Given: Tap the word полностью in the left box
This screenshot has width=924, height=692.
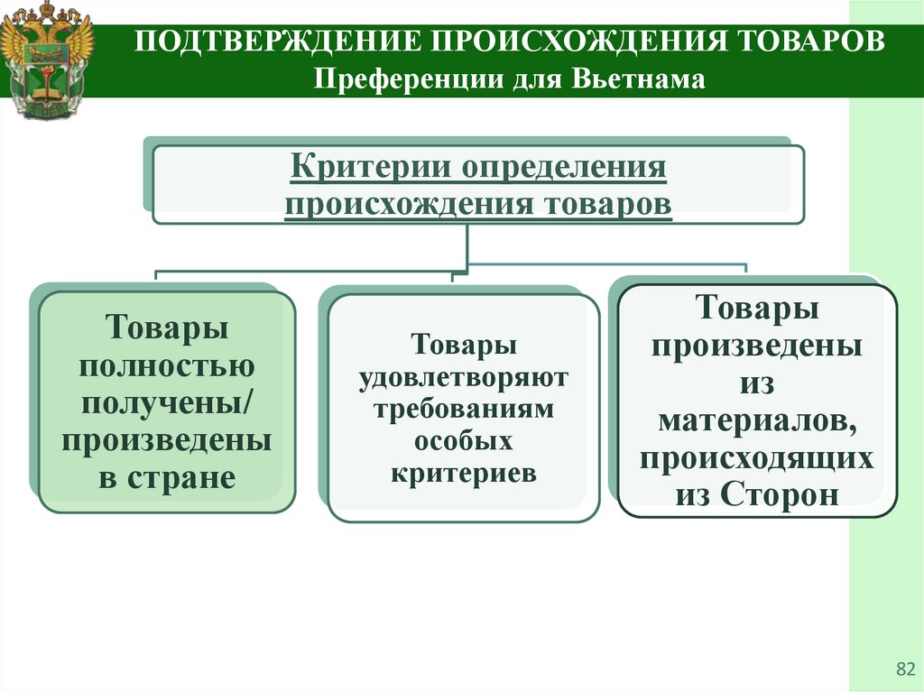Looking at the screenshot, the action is [167, 366].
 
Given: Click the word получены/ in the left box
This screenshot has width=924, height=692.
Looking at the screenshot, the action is [167, 403].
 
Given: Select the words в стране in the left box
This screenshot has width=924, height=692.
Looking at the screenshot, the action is [167, 477].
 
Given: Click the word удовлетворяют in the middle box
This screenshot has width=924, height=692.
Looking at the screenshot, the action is [464, 377].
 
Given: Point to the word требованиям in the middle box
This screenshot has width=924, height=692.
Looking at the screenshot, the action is [464, 409].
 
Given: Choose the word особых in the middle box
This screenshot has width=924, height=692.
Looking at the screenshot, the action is [464, 441].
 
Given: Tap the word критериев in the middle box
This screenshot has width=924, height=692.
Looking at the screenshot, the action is [464, 473].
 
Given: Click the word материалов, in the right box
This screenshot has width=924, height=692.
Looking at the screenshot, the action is [757, 420].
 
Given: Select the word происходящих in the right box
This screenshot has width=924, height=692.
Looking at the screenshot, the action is [757, 457].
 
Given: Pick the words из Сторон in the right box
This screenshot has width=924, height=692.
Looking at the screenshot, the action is [757, 494].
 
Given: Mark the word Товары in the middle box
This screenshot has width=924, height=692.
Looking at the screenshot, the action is [464, 346].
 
